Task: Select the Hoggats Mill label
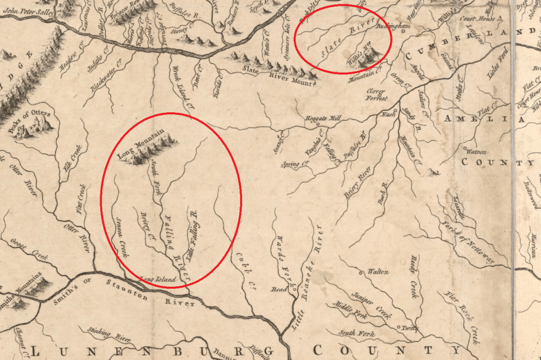pyautogui.click(x=322, y=118)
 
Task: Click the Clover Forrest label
pyautogui.click(x=377, y=94)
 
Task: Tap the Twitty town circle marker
pyautogui.click(x=399, y=327)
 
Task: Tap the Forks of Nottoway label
pyautogui.click(x=468, y=239)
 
